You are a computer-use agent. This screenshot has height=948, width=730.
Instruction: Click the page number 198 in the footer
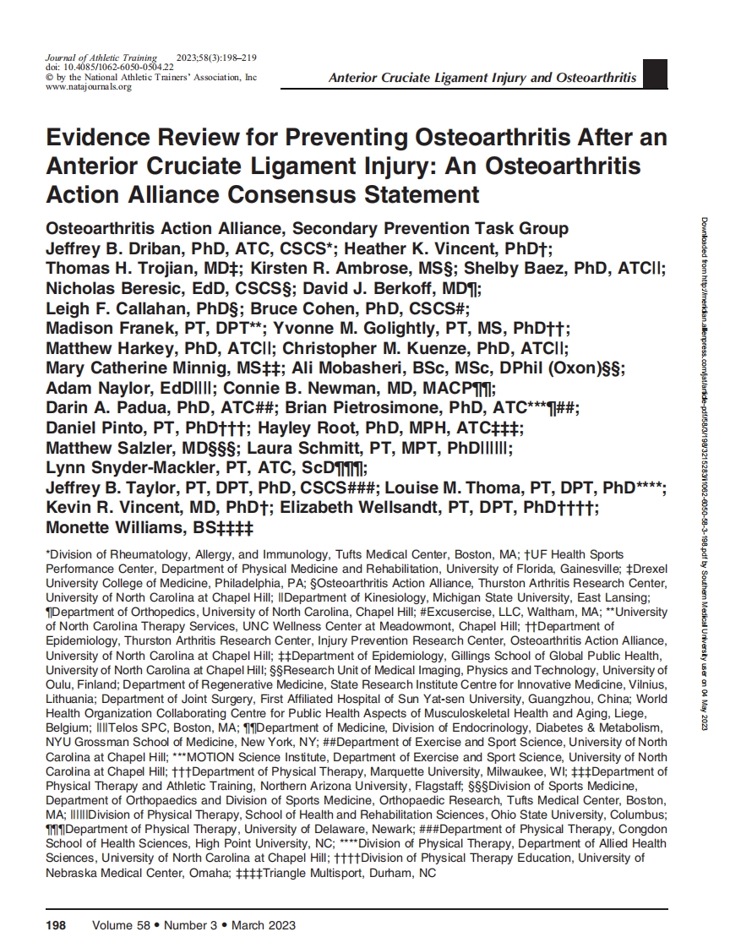coord(55,925)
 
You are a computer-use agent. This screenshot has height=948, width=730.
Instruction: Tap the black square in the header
coord(656,74)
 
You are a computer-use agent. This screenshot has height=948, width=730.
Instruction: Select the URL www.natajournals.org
coord(88,87)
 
